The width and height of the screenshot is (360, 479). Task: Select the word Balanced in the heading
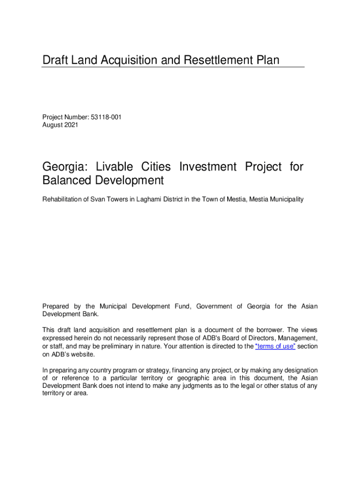coord(68,181)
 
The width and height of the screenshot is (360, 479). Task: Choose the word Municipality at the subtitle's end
coord(286,200)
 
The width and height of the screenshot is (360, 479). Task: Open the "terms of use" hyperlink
coord(275,346)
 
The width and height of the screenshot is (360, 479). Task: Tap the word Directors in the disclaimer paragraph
coord(256,338)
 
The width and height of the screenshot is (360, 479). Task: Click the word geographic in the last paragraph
coord(189,378)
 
